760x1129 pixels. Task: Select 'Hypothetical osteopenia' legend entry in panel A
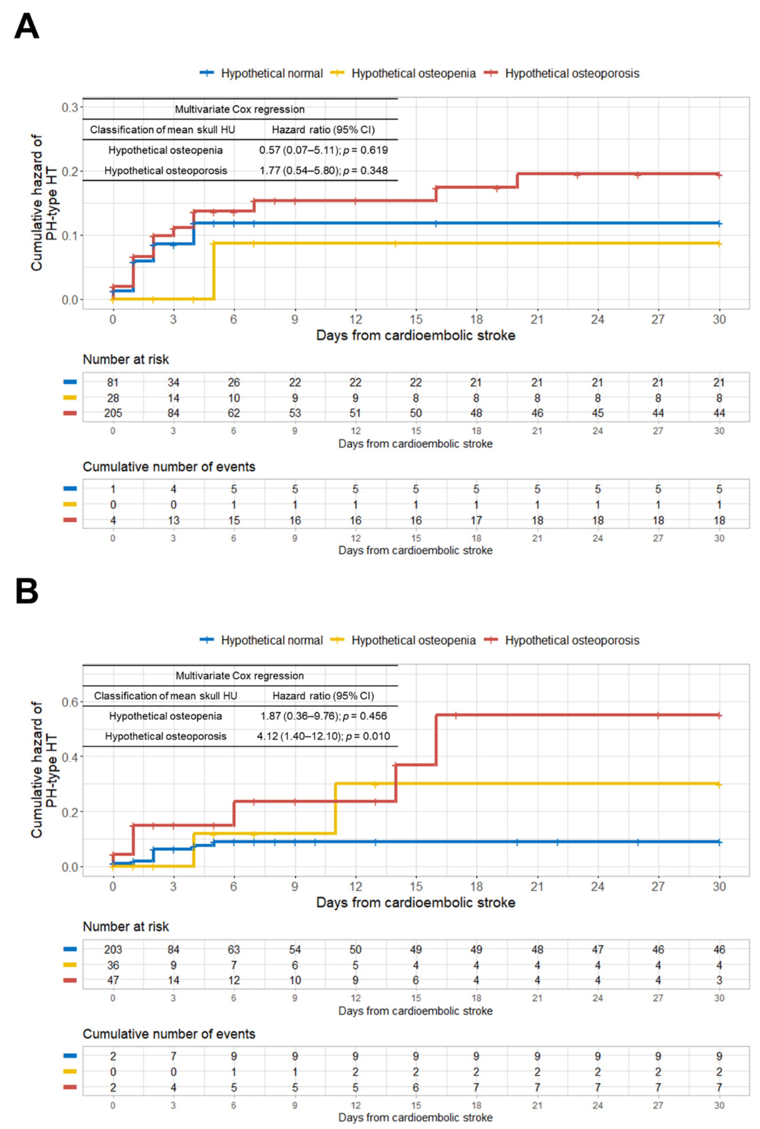tap(413, 74)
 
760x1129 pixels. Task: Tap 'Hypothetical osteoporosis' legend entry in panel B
tap(572, 640)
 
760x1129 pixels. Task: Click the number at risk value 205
tap(113, 413)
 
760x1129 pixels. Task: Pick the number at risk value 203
tap(113, 949)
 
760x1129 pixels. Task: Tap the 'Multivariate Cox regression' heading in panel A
tap(240, 109)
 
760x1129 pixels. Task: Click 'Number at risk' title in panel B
tap(126, 927)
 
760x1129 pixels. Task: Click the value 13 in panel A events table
tap(173, 520)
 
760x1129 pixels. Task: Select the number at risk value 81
tap(113, 382)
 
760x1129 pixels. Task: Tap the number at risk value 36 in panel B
tap(113, 965)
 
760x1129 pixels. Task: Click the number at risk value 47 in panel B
tap(113, 980)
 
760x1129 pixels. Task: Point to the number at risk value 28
tap(113, 398)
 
